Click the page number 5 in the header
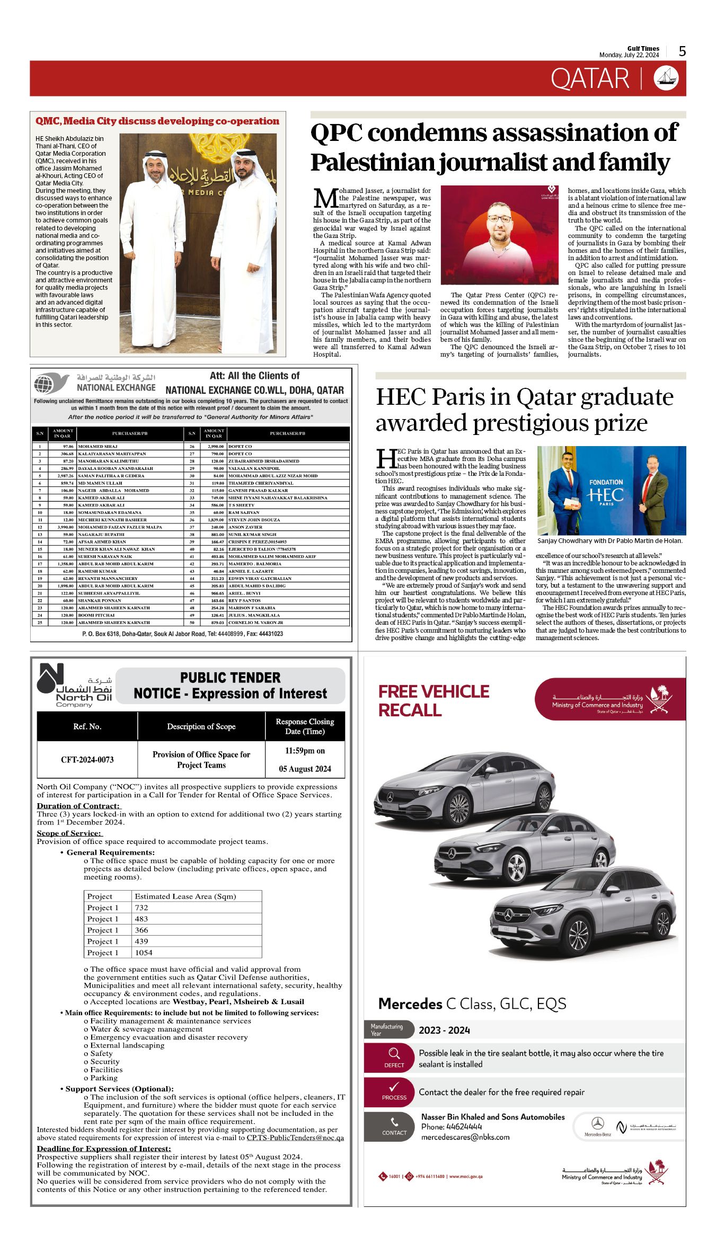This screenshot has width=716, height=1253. [x=682, y=51]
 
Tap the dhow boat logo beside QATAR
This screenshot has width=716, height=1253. [x=666, y=78]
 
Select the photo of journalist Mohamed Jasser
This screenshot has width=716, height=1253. [x=499, y=235]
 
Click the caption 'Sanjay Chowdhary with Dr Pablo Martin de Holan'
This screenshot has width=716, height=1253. [x=609, y=541]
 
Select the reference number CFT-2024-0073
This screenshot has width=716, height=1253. [x=87, y=759]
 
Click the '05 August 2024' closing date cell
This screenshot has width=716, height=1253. [x=305, y=769]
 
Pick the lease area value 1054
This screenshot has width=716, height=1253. [x=144, y=953]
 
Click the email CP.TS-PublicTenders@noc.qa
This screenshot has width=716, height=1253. [x=295, y=1138]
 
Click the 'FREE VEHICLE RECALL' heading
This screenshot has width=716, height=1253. [x=434, y=700]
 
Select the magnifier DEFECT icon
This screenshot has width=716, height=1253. [x=394, y=1053]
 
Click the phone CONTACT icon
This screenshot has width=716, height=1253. [x=394, y=1122]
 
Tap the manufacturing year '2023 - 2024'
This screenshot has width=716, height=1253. [x=444, y=1030]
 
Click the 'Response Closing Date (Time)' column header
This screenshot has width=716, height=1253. [x=305, y=726]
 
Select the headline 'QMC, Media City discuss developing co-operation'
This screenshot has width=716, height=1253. [x=157, y=121]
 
